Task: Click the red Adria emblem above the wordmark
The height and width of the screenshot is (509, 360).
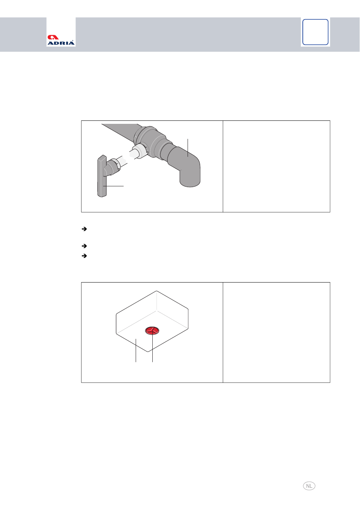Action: [53, 37]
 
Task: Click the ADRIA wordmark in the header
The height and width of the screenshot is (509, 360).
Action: [61, 43]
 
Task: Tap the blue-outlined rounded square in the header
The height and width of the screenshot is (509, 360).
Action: [315, 32]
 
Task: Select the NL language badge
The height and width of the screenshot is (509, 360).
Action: [309, 486]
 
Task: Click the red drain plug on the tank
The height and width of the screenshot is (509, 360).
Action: [152, 331]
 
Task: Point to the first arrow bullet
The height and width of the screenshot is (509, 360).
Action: [84, 229]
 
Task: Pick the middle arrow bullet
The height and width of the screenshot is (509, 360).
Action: [84, 246]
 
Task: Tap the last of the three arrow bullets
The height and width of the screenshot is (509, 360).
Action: [84, 256]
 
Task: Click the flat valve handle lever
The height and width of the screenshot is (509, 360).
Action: [102, 176]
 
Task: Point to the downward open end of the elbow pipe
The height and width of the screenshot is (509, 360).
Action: [190, 183]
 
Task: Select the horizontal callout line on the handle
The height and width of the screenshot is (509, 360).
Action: [113, 186]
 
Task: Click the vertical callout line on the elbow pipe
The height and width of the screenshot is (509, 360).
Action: [188, 148]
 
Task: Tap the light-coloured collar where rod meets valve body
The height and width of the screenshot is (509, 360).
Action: [139, 151]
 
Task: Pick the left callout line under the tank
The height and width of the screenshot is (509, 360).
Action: [136, 350]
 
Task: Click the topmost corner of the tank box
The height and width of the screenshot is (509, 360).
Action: [157, 291]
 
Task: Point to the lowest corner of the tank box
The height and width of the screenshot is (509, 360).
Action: [148, 351]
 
